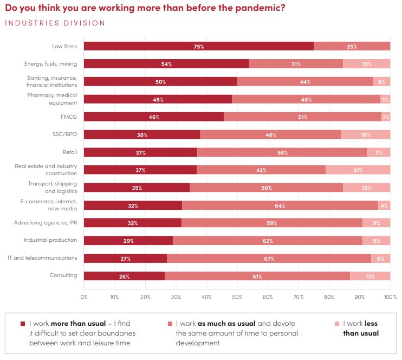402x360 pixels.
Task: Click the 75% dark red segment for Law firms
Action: pyautogui.click(x=198, y=46)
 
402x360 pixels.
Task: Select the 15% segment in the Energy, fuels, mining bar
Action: pyautogui.click(x=366, y=64)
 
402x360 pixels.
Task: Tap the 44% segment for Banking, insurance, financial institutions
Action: pyautogui.click(x=305, y=82)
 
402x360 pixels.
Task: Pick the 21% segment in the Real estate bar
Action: pyautogui.click(x=358, y=170)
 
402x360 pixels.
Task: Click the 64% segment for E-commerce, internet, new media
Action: pyautogui.click(x=280, y=205)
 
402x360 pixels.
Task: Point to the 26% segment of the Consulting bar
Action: pyautogui.click(x=124, y=276)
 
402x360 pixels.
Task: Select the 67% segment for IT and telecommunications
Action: pyautogui.click(x=269, y=259)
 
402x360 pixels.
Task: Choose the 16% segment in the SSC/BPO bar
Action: pyautogui.click(x=366, y=134)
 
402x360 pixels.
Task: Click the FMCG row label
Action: pyautogui.click(x=68, y=116)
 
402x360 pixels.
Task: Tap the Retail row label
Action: pyautogui.click(x=70, y=152)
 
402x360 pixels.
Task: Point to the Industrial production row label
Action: pyautogui.click(x=50, y=240)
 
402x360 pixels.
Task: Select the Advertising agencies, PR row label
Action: pyautogui.click(x=46, y=222)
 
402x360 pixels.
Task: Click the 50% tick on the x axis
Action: pyautogui.click(x=237, y=297)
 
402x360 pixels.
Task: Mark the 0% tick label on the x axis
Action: pyautogui.click(x=84, y=297)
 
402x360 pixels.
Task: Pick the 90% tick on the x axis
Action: pyautogui.click(x=360, y=297)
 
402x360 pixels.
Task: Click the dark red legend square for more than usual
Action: pyautogui.click(x=23, y=324)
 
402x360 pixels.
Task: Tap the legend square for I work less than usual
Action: pyautogui.click(x=336, y=324)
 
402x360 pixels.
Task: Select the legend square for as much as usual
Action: pyautogui.click(x=170, y=324)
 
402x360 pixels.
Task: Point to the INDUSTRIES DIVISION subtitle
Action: pyautogui.click(x=55, y=23)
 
